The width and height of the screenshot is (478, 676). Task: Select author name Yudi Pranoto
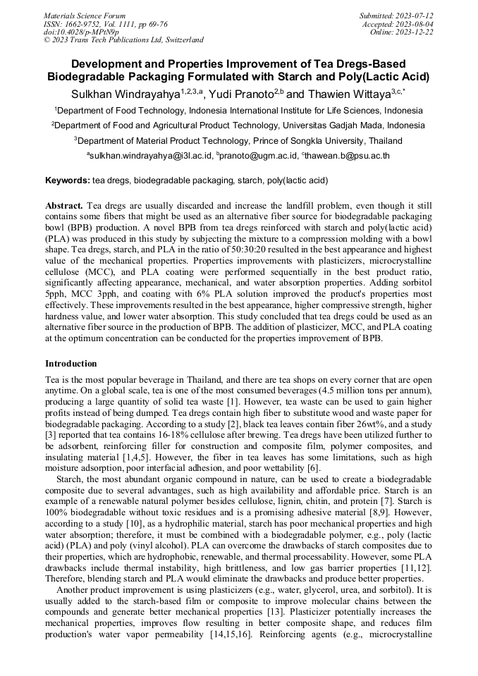point(242,94)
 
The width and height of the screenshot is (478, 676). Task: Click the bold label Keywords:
point(68,180)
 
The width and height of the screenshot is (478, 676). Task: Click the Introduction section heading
point(71,364)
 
